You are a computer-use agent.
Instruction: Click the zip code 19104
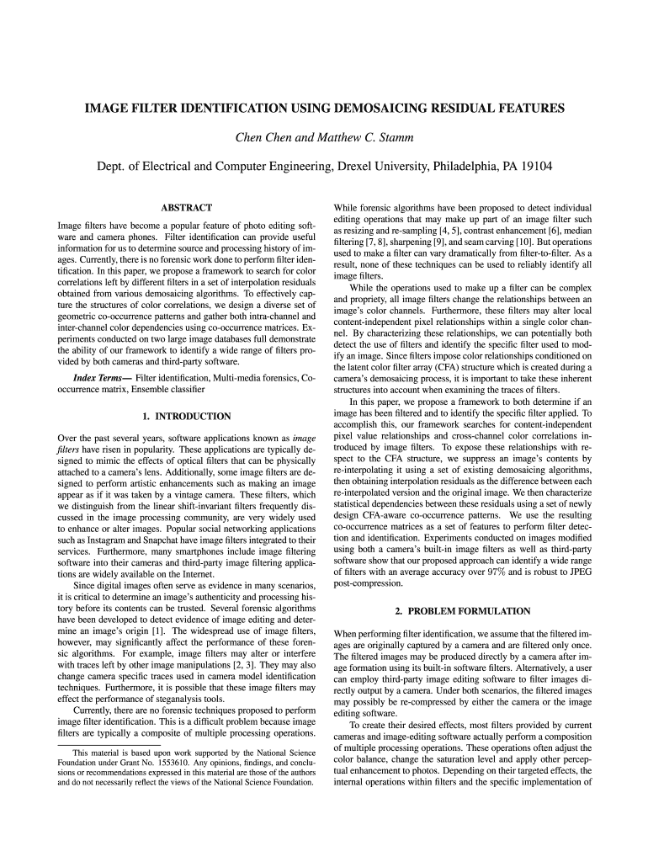[534, 167]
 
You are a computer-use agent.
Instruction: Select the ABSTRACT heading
[186, 208]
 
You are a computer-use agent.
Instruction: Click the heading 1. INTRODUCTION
[186, 416]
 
